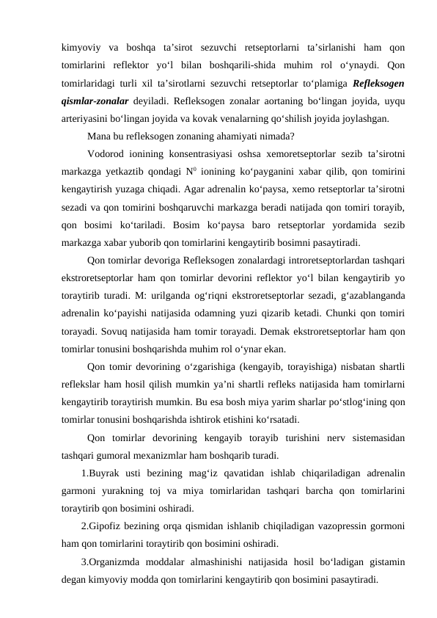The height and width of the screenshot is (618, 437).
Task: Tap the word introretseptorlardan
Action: click(311, 260)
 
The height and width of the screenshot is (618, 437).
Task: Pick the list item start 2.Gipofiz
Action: click(103, 527)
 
